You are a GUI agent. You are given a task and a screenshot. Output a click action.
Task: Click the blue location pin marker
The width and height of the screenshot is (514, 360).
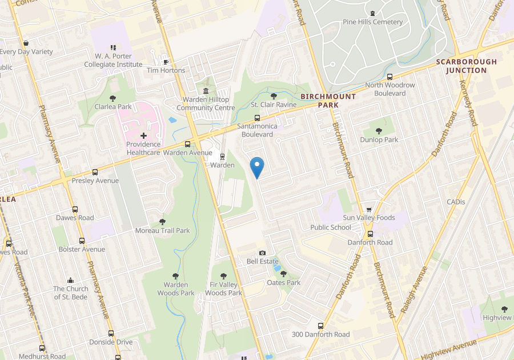(x=258, y=167)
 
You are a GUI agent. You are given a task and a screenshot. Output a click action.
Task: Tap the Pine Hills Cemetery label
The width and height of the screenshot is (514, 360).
(x=373, y=22)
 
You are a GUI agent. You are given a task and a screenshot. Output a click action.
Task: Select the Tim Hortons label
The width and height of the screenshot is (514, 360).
(x=166, y=70)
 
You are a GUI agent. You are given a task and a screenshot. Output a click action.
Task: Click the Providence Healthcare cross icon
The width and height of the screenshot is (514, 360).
(x=143, y=135)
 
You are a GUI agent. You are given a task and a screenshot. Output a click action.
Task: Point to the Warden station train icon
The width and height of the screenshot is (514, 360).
(x=222, y=156)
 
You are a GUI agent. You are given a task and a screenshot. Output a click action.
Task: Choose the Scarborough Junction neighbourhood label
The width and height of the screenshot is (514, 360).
(x=466, y=66)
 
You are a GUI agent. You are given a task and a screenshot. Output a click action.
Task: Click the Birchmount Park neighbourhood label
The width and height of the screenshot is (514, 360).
(x=328, y=101)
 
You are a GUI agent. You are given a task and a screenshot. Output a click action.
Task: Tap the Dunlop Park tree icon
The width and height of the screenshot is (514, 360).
(x=379, y=131)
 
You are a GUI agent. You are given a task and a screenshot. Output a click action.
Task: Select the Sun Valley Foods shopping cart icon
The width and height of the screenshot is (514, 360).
(x=369, y=209)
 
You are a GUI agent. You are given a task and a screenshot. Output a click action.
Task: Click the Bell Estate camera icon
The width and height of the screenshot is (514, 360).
(x=262, y=253)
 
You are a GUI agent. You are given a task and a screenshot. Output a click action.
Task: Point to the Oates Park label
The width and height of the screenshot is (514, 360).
(x=284, y=282)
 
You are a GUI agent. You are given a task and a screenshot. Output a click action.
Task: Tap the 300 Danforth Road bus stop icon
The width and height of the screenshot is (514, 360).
(x=320, y=326)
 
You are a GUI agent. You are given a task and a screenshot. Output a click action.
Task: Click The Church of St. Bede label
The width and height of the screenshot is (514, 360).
(x=70, y=293)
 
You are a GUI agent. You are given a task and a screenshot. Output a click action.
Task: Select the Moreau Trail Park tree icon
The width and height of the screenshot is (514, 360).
(x=162, y=222)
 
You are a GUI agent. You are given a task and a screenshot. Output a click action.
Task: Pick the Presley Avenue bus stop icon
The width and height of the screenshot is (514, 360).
(x=95, y=172)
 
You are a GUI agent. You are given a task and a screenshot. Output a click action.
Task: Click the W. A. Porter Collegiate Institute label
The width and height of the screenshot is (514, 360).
(x=113, y=60)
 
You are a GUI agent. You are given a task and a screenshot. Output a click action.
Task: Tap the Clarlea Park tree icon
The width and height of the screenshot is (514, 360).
(x=113, y=98)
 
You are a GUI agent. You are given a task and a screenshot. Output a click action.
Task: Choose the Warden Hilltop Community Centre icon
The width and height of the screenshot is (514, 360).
(x=206, y=91)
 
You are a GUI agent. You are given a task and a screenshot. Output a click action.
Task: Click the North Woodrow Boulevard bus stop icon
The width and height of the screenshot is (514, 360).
(x=389, y=77)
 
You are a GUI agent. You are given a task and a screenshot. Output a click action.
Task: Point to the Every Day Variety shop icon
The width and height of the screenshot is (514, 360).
(x=26, y=43)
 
